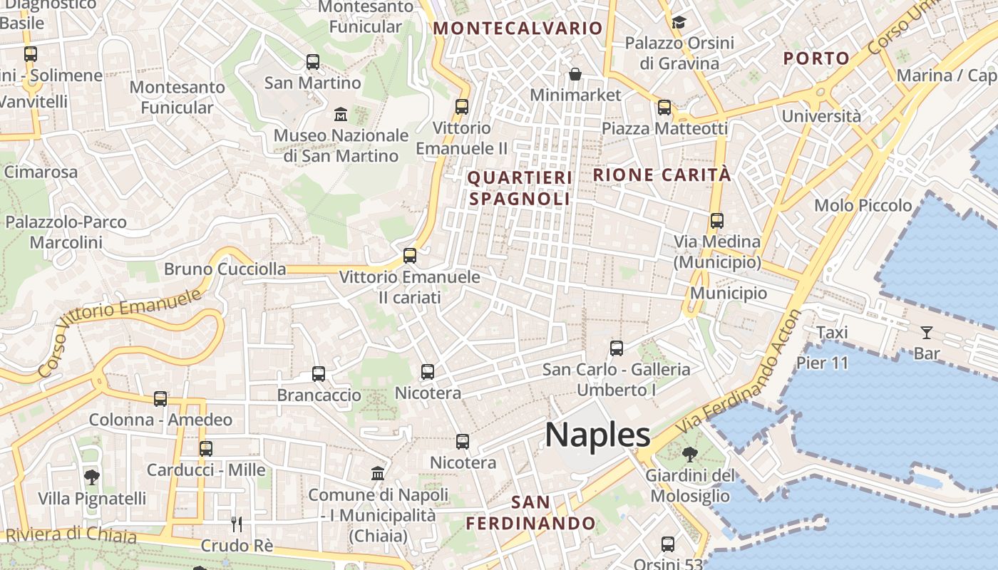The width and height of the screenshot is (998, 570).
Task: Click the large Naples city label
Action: (x=597, y=435)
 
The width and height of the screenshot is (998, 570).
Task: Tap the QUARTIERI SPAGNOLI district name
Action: (x=520, y=188)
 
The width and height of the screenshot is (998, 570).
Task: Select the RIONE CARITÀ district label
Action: (x=662, y=175)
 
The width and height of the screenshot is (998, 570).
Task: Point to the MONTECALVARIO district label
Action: (x=518, y=28)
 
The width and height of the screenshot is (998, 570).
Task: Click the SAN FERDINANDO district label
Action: (x=530, y=513)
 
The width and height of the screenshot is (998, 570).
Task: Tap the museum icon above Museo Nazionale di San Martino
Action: (x=341, y=113)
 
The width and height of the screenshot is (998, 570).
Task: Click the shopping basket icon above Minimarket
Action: (x=575, y=74)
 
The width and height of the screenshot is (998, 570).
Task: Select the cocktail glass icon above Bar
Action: (x=926, y=332)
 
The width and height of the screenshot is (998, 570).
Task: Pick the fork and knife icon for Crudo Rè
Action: (x=237, y=524)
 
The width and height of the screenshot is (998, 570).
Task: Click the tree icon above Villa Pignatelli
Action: (x=91, y=477)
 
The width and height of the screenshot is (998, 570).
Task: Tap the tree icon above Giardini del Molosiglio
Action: (x=689, y=454)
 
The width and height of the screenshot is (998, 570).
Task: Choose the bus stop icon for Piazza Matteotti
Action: (x=664, y=108)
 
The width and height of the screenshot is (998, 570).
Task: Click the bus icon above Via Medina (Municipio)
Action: (x=717, y=221)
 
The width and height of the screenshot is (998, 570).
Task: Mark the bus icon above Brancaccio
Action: (x=319, y=373)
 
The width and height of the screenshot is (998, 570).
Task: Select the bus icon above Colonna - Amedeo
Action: (x=160, y=399)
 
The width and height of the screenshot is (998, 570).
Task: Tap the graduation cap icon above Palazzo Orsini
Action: (x=679, y=22)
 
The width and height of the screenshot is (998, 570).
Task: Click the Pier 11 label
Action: (x=823, y=363)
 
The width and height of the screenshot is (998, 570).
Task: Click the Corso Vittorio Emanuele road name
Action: (x=118, y=333)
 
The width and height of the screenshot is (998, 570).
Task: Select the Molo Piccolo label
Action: (x=863, y=205)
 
